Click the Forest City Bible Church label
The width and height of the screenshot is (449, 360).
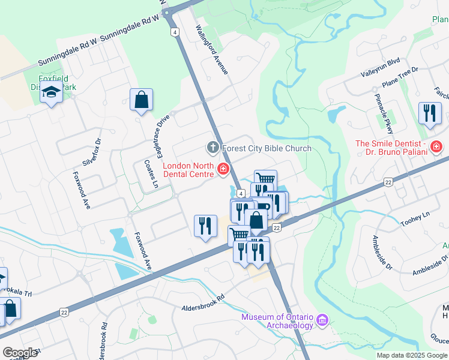tap(267, 148)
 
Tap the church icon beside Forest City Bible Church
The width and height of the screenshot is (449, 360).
tap(212, 148)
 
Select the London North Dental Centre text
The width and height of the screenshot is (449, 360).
tap(188, 170)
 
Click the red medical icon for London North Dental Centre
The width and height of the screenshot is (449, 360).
tap(223, 170)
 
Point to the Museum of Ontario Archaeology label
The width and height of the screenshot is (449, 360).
tap(277, 321)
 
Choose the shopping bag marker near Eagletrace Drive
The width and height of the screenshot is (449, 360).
tap(141, 100)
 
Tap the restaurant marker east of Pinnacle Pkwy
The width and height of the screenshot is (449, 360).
tap(429, 113)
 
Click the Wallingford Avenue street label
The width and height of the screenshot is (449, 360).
tap(213, 49)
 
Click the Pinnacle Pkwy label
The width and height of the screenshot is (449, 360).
tap(382, 109)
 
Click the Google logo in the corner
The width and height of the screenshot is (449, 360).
tap(20, 353)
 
